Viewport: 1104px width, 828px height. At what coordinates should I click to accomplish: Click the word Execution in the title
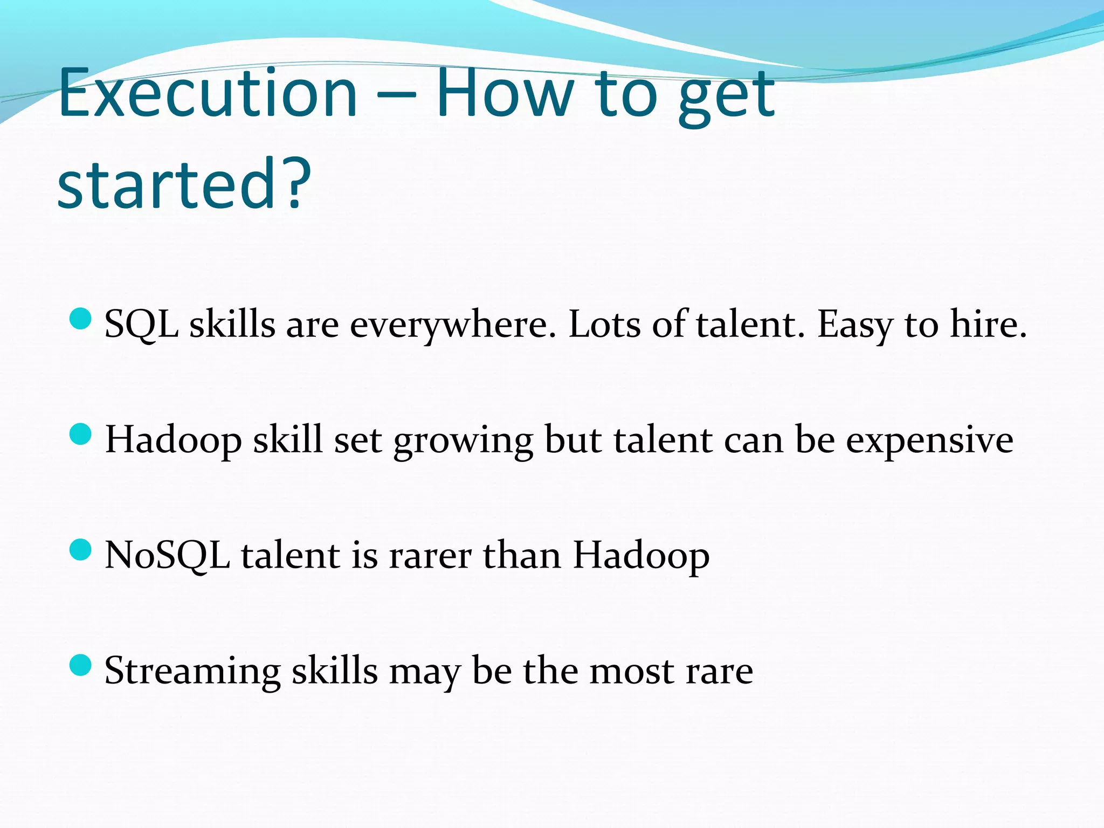(x=208, y=93)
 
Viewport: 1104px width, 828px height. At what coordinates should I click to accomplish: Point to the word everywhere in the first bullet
(x=453, y=326)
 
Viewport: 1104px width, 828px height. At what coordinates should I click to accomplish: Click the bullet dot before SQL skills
(x=81, y=319)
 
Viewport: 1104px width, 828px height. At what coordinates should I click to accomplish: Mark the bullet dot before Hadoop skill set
(x=81, y=434)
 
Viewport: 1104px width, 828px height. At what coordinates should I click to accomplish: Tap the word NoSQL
(x=167, y=556)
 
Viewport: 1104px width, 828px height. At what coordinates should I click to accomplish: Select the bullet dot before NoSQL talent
(x=81, y=549)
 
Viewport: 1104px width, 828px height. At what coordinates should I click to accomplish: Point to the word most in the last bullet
(x=631, y=672)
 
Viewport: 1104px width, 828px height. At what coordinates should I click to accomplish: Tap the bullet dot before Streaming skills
(x=81, y=665)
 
